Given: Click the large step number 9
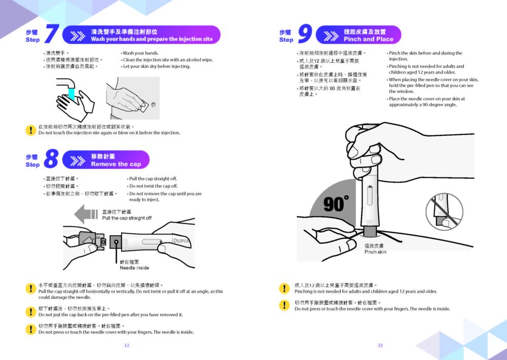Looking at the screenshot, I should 305,34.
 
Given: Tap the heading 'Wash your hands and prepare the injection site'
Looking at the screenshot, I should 152,39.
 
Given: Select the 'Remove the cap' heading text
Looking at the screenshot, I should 116,164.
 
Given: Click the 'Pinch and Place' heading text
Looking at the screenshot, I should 369,39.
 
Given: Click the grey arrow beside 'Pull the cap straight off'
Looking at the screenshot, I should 86,214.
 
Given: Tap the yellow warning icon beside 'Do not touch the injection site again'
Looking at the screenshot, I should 31,130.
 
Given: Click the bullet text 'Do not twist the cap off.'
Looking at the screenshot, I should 153,186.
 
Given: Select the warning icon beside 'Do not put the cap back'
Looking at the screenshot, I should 31,312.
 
